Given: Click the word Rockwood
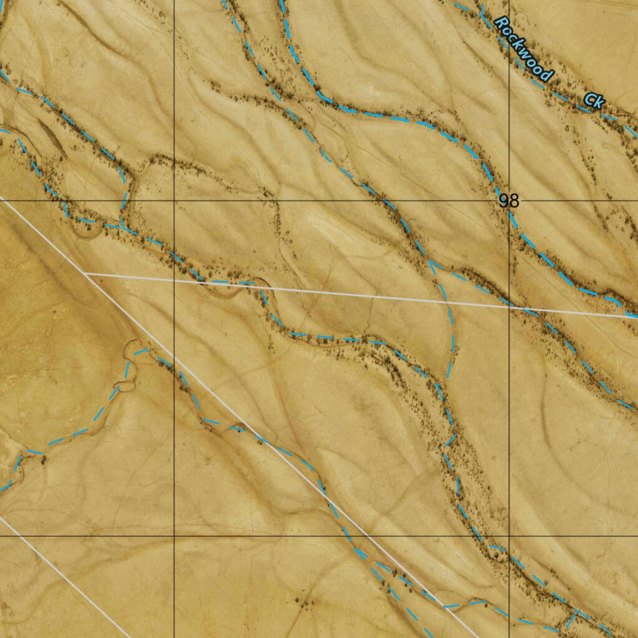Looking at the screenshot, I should [523, 49].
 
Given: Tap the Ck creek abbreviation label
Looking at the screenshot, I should [594, 100].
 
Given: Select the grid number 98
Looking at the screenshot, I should [508, 201].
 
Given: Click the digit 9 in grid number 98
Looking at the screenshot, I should [503, 201].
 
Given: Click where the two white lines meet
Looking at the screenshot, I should [85, 273].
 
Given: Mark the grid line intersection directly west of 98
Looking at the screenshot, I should [174, 201].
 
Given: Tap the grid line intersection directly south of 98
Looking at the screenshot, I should [509, 535].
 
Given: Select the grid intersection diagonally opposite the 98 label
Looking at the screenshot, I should [174, 535].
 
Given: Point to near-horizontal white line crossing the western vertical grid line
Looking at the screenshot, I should [174, 279].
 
